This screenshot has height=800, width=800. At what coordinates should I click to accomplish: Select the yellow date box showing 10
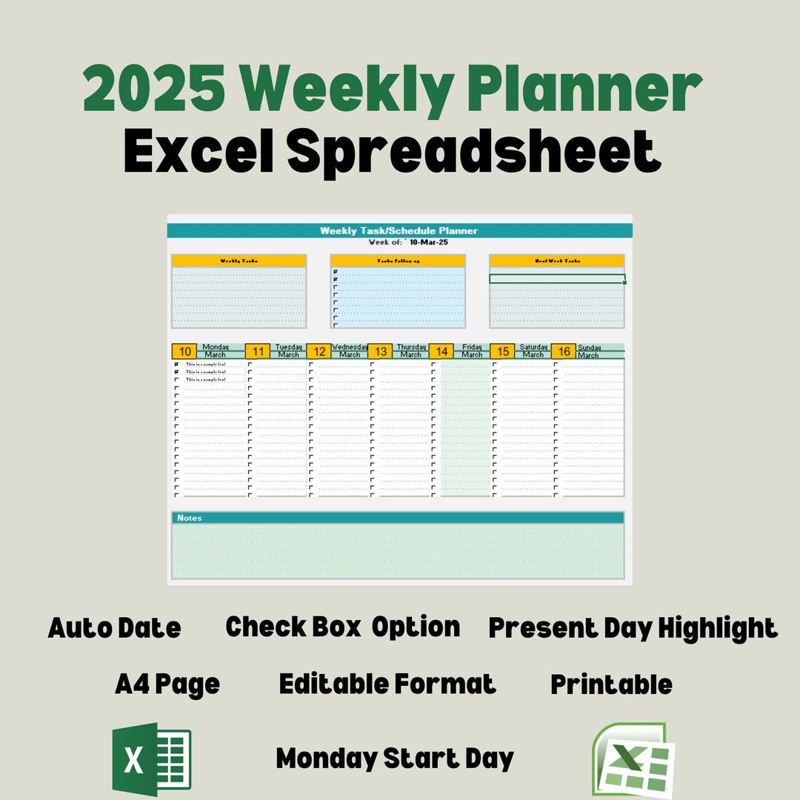coord(185,351)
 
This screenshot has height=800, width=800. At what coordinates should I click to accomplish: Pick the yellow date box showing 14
coord(441,351)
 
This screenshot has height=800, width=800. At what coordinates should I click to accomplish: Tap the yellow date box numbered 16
coord(564,351)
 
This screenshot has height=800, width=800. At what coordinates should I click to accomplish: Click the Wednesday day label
coord(350,346)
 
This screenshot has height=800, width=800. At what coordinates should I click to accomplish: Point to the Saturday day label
coord(533,346)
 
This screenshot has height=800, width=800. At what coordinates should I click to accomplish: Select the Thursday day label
coord(411,346)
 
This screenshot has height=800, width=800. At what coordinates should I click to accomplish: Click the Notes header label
coord(190,518)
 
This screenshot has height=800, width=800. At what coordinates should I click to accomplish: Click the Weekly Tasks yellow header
coord(239,261)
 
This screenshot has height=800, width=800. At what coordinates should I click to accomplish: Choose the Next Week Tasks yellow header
coord(557,261)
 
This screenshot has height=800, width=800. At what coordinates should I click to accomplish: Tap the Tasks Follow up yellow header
coord(398,261)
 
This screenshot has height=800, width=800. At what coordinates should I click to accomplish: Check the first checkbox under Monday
coord(176,364)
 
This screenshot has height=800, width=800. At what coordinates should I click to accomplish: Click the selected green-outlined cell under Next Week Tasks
coord(557,279)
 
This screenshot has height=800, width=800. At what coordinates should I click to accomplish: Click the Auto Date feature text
coord(114,628)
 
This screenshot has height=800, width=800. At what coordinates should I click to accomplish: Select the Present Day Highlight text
coord(633,628)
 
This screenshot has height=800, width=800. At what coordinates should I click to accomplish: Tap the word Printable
coord(611,684)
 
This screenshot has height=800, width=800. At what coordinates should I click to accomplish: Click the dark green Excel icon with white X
coord(151,759)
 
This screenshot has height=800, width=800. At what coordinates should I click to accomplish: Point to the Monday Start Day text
coord(395,759)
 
